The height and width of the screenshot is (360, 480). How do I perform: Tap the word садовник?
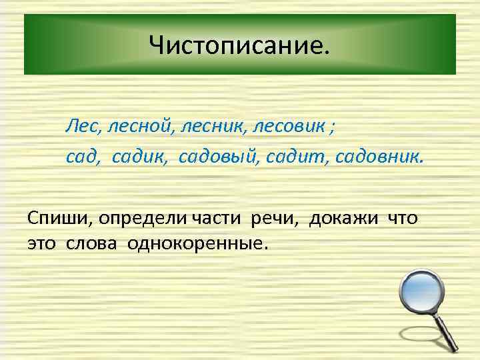click(378, 156)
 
